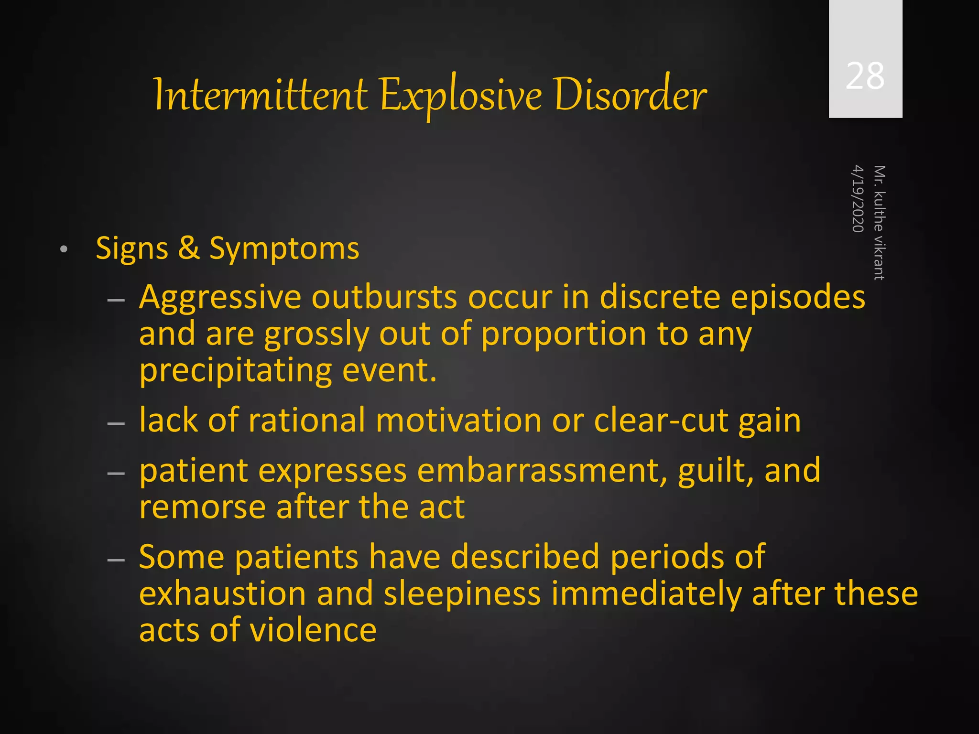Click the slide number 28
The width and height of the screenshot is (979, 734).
pyautogui.click(x=865, y=76)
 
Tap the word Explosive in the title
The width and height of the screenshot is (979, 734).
pyautogui.click(x=461, y=96)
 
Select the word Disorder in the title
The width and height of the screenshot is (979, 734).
pyautogui.click(x=630, y=95)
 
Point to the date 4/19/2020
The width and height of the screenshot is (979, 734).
pyautogui.click(x=858, y=198)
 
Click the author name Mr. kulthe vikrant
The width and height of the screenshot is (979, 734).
pyautogui.click(x=879, y=223)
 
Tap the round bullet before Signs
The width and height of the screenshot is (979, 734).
pyautogui.click(x=64, y=249)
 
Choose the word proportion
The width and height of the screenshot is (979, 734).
pyautogui.click(x=564, y=335)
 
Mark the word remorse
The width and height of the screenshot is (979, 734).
pyautogui.click(x=202, y=507)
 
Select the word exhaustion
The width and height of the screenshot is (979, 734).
pyautogui.click(x=222, y=594)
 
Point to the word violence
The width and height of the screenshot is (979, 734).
pyautogui.click(x=313, y=630)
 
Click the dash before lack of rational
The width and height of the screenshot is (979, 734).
pyautogui.click(x=116, y=423)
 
